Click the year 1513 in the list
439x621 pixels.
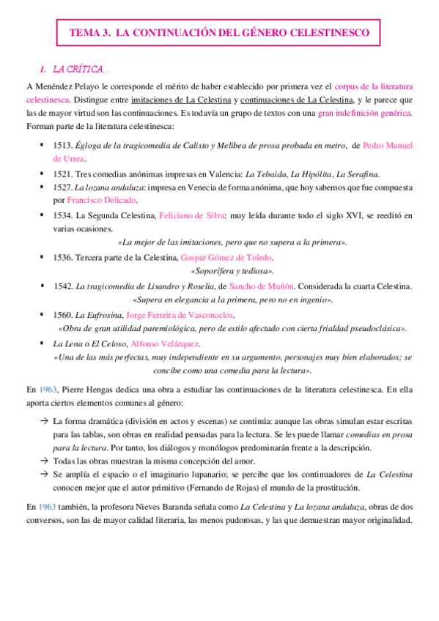click(x=64, y=146)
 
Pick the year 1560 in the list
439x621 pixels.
click(x=64, y=314)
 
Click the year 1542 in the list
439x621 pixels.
click(x=64, y=286)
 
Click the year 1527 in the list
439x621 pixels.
click(x=64, y=187)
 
